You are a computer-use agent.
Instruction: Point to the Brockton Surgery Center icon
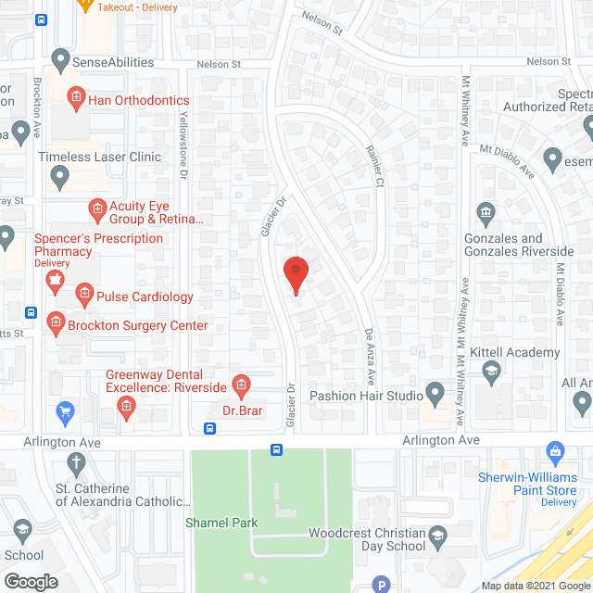coord(55,323)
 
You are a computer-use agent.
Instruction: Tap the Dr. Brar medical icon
coord(241,384)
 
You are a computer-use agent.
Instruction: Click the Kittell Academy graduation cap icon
coord(492,371)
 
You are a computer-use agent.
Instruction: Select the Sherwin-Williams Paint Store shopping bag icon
coord(555,454)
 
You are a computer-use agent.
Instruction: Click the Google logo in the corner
coord(30,581)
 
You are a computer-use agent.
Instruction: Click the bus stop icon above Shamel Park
coord(277,449)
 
